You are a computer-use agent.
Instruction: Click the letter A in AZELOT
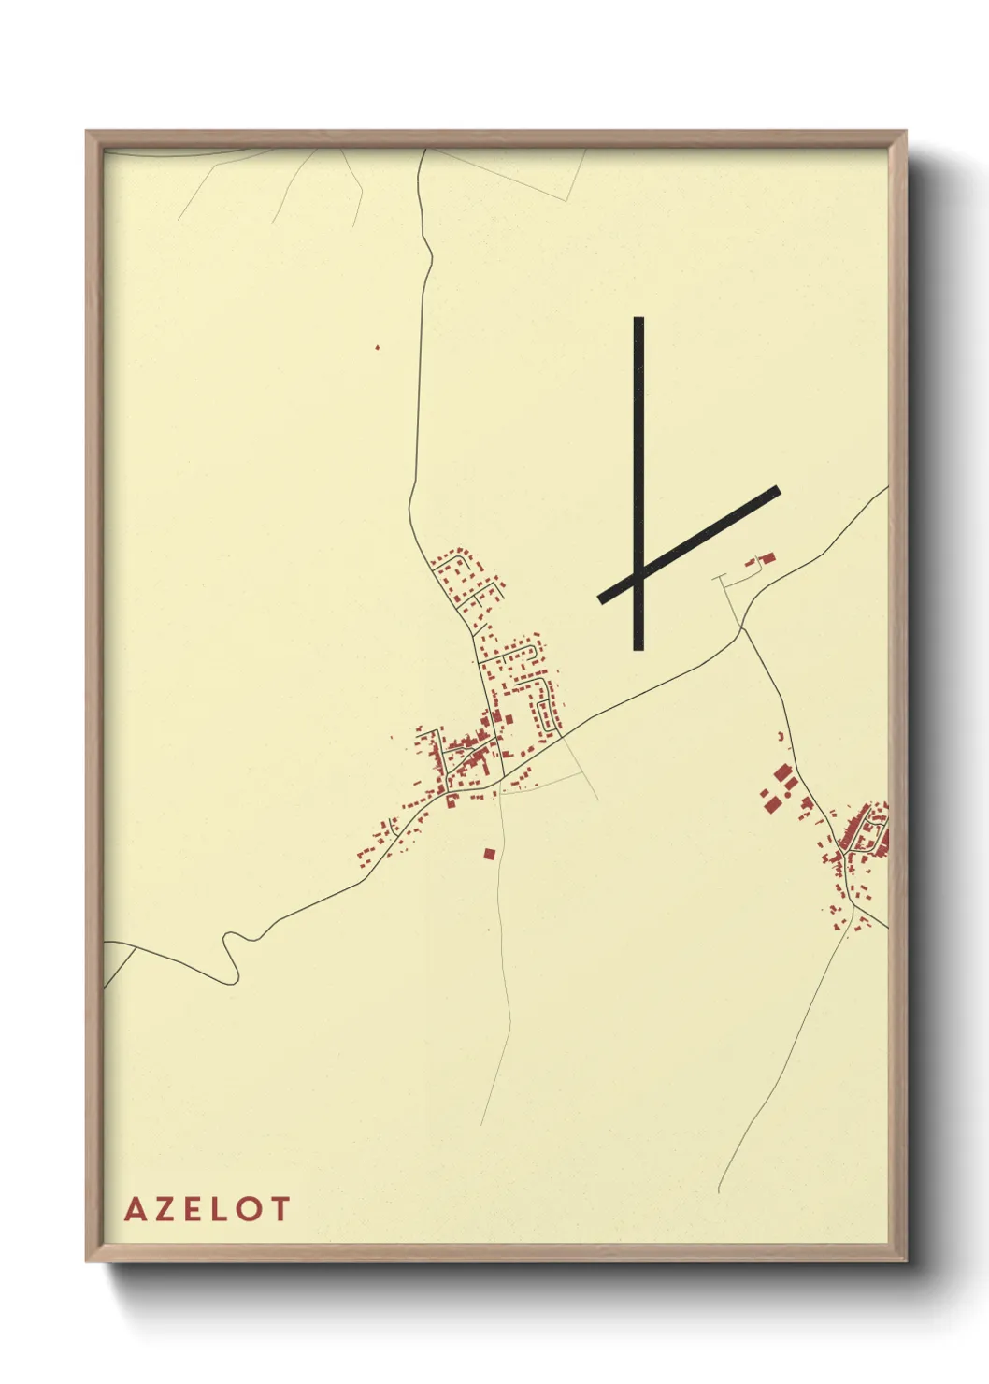pyautogui.click(x=134, y=1209)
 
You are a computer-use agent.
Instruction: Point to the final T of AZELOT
pyautogui.click(x=279, y=1209)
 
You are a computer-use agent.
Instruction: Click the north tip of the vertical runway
pyautogui.click(x=638, y=319)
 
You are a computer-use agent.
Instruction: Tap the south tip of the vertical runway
pyautogui.click(x=638, y=648)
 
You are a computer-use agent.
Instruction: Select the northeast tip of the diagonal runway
pyautogui.click(x=777, y=489)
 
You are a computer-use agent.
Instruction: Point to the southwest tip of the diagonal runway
pyautogui.click(x=601, y=599)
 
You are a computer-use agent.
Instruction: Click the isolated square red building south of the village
pyautogui.click(x=488, y=853)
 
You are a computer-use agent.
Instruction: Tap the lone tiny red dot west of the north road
pyautogui.click(x=378, y=347)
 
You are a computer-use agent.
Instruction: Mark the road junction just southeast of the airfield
pyautogui.click(x=742, y=627)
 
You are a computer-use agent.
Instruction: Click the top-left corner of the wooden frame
pyautogui.click(x=87, y=132)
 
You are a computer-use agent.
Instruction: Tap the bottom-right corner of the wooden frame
pyautogui.click(x=907, y=1261)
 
